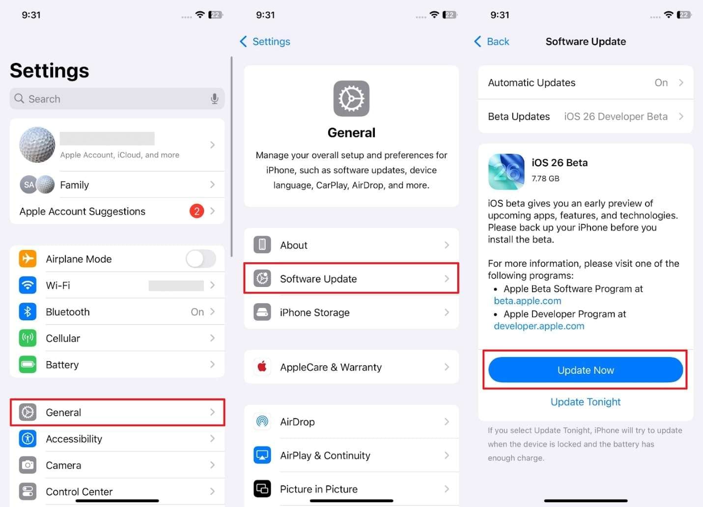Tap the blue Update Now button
click(x=585, y=370)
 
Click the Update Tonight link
click(x=585, y=402)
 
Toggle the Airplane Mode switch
click(x=200, y=259)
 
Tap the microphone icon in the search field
click(x=214, y=99)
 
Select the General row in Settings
click(x=117, y=412)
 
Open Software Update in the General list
click(x=351, y=279)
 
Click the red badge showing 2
click(x=197, y=211)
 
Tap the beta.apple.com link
click(x=527, y=301)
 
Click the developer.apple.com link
click(x=539, y=326)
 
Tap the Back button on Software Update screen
click(x=492, y=42)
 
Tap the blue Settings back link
click(x=265, y=42)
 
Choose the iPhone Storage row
click(x=351, y=312)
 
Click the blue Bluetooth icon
click(x=28, y=312)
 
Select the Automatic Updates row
click(x=585, y=83)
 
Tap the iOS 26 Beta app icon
click(x=506, y=171)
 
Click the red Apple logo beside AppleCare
click(x=262, y=366)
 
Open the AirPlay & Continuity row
click(x=351, y=455)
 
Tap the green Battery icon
click(x=28, y=365)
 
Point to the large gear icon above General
click(x=351, y=99)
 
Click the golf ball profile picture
click(x=37, y=145)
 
